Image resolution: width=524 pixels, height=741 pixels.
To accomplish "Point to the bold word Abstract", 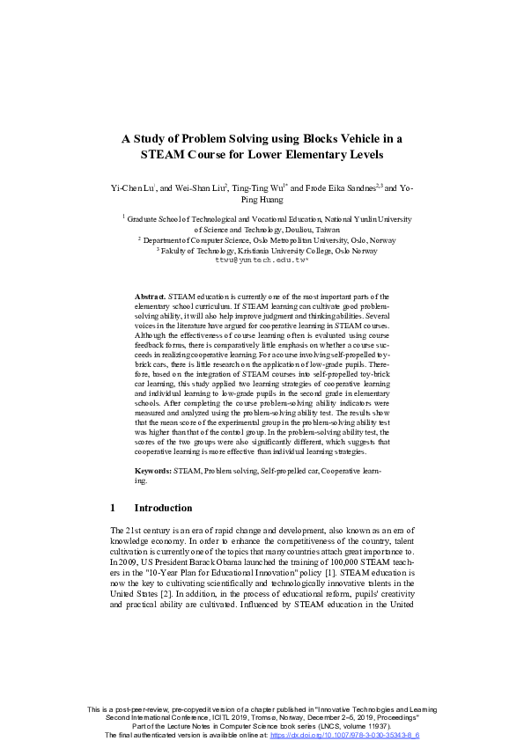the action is click(151, 297).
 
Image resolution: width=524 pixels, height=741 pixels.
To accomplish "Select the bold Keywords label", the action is click(154, 473).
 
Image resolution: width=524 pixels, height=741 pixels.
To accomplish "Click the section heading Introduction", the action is click(163, 508).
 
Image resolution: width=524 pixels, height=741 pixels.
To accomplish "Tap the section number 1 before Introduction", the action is click(114, 508).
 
